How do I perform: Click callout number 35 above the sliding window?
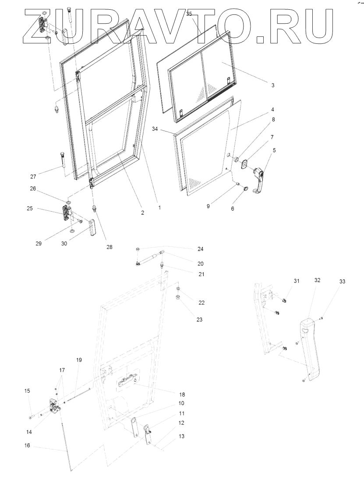(x=189, y=14)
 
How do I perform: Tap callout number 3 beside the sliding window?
(x=272, y=85)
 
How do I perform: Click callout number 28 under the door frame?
(x=109, y=247)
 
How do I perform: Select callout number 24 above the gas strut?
(x=200, y=249)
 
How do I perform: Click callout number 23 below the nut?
(x=199, y=320)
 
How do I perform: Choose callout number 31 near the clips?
(x=297, y=281)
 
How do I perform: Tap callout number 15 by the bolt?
(x=27, y=391)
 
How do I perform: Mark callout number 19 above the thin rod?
(x=79, y=360)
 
